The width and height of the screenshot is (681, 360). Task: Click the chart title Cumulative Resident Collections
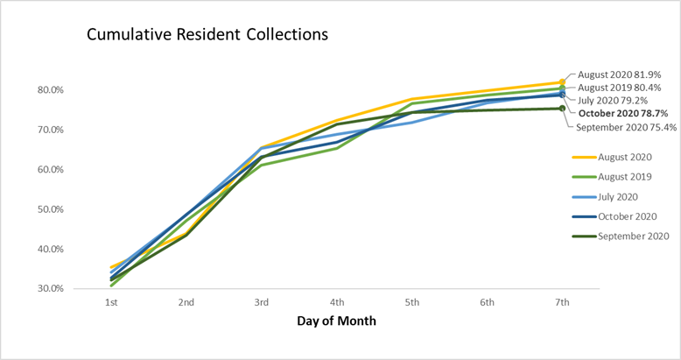tap(207, 36)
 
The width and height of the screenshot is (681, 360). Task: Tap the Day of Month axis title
tap(337, 321)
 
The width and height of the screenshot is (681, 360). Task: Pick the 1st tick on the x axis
tap(111, 302)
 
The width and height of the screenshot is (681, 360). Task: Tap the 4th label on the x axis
tap(337, 302)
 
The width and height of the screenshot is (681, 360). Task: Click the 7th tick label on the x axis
tap(563, 302)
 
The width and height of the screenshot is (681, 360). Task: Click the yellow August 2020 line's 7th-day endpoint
tap(563, 82)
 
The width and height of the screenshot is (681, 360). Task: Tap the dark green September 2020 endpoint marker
tap(563, 109)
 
